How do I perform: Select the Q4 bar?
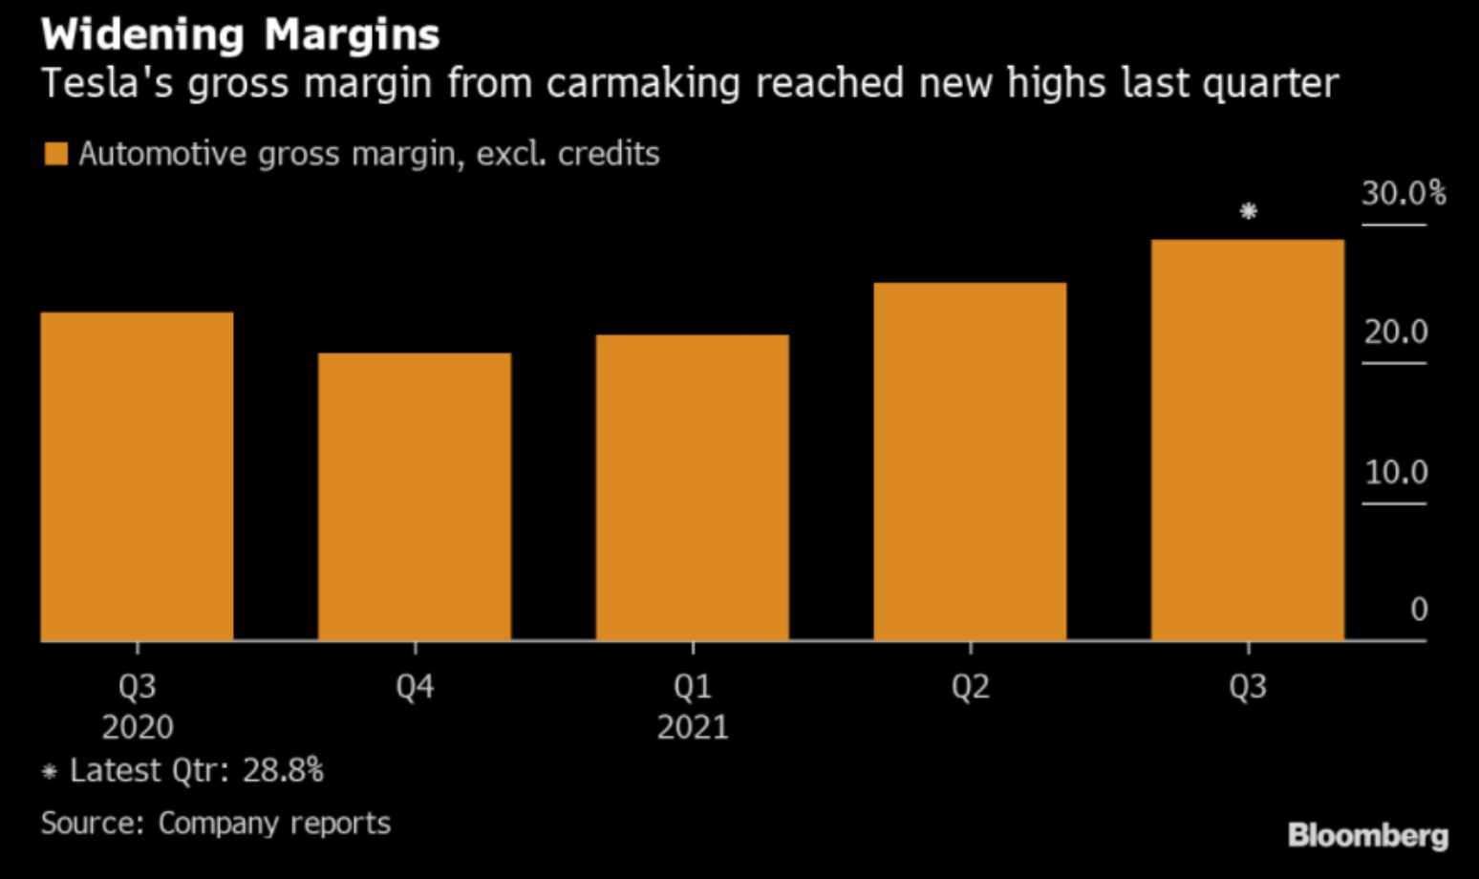pos(415,497)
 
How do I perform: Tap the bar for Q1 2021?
pos(693,487)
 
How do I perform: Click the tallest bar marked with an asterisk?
pos(1248,439)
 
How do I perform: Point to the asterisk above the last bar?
pos(1248,211)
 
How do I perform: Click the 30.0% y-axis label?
pos(1404,194)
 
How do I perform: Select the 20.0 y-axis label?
pos(1396,332)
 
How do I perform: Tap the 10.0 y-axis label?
pos(1396,472)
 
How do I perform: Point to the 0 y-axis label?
pos(1419,610)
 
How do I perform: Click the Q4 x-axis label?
pos(415,687)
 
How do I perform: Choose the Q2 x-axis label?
pos(970,687)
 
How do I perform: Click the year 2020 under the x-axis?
pos(138,728)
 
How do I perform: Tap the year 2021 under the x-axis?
pos(693,728)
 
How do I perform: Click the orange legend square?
pos(56,154)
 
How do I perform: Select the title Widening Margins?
pos(241,35)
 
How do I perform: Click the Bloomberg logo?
pos(1367,835)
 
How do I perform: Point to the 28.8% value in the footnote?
pos(283,770)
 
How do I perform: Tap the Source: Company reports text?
pos(216,824)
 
